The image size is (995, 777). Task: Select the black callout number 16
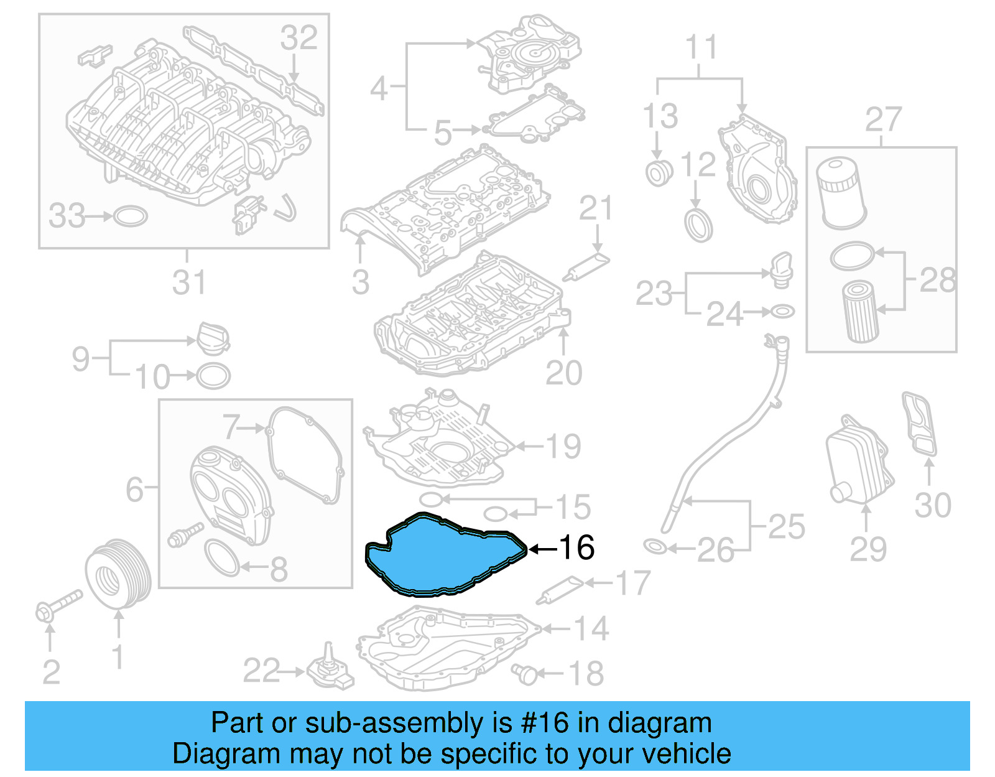pos(576,547)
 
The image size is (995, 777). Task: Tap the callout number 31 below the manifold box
pos(188,283)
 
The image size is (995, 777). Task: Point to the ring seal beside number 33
pos(131,216)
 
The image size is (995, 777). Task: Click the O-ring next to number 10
pos(213,376)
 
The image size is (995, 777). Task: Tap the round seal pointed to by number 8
pos(221,557)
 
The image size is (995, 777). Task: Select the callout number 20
pos(563,373)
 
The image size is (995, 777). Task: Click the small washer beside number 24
pos(782,311)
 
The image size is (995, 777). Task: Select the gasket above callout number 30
pos(919,423)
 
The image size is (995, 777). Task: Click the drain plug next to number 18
pos(525,674)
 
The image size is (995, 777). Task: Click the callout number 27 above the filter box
pos(883,121)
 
